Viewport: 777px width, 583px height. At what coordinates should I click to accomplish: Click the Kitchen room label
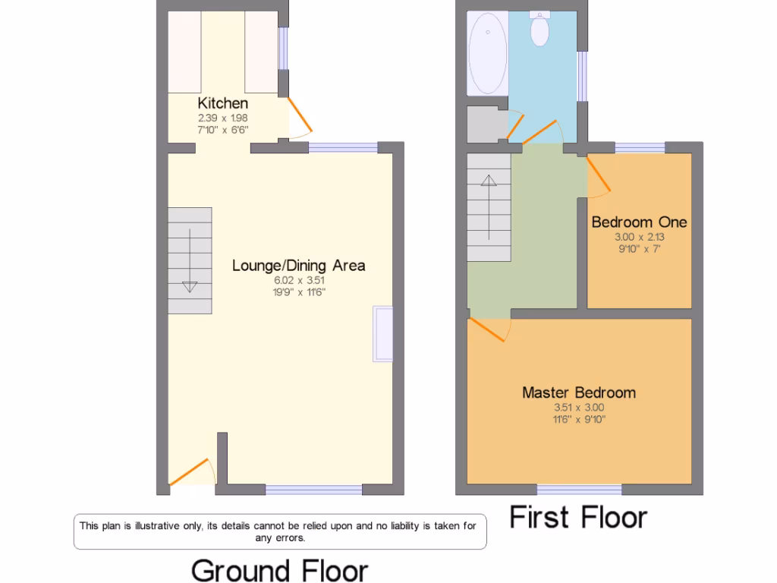pos(222,102)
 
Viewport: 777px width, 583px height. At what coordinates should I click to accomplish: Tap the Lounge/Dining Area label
pos(298,265)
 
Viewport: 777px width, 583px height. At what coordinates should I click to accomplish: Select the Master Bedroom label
pos(579,392)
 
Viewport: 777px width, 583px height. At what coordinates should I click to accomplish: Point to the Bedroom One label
pos(639,222)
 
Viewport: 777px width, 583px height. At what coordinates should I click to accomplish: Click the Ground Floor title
pos(279,570)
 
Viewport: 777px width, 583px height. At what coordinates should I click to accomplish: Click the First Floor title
pos(578,518)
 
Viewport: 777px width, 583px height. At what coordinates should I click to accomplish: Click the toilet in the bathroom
pos(540,29)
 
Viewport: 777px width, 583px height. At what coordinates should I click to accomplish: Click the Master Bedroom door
pos(489,329)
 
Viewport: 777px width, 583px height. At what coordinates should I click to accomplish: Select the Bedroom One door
pos(598,177)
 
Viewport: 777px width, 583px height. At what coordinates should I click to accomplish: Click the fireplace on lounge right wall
pos(382,334)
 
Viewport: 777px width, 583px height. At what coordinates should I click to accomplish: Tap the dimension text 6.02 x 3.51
pos(299,280)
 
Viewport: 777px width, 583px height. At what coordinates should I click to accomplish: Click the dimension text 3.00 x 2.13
pos(639,237)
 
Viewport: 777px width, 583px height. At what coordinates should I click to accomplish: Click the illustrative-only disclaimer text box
pos(280,532)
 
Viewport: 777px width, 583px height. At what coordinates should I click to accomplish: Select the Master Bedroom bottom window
pos(580,488)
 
